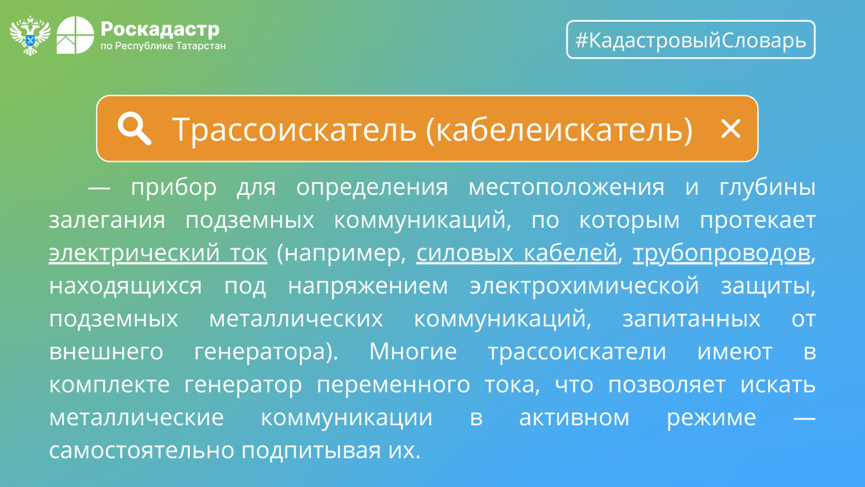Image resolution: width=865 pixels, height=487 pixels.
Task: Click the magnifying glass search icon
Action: pos(134,129)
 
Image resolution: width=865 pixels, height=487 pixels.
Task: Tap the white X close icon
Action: pos(730,129)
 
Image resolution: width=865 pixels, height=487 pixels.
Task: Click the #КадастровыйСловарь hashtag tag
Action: pos(691,40)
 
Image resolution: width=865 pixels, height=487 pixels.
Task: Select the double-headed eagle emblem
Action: pos(30,35)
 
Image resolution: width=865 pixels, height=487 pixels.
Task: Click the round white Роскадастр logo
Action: pos(75,35)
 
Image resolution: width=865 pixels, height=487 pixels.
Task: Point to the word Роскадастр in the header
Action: pos(160,29)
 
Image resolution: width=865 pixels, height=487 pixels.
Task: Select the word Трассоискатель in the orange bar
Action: pos(294,129)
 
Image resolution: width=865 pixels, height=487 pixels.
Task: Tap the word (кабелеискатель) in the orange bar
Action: pos(560,129)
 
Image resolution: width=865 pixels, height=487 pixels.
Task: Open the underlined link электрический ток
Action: pos(158,253)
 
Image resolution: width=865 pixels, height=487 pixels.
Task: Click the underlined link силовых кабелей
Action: pos(516,253)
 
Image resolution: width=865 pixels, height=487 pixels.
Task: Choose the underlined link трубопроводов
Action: pos(721,254)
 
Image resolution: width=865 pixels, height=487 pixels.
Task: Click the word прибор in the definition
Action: pos(174,188)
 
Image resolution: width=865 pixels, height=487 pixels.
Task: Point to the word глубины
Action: pos(767,188)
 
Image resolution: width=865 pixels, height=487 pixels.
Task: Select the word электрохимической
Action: pos(584,287)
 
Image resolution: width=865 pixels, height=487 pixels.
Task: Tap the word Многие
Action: pos(413,352)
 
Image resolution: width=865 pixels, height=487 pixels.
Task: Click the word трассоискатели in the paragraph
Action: pos(577,352)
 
